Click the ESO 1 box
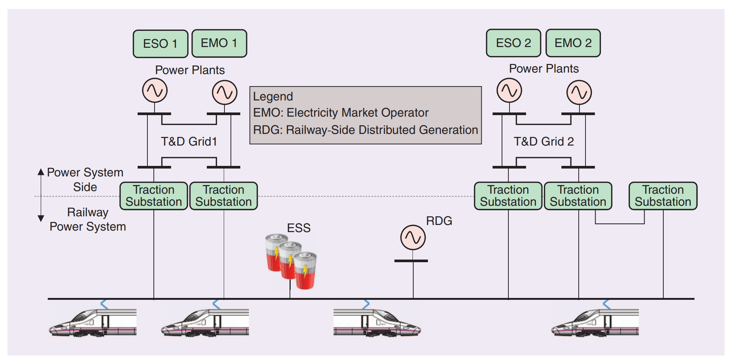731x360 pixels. pyautogui.click(x=160, y=44)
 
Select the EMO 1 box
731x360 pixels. pyautogui.click(x=219, y=43)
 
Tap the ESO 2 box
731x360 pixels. pyautogui.click(x=513, y=43)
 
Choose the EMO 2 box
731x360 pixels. pyautogui.click(x=573, y=43)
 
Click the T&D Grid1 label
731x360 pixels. pyautogui.click(x=189, y=141)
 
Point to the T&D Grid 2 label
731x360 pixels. pyautogui.click(x=544, y=141)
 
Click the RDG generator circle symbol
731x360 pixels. pyautogui.click(x=413, y=237)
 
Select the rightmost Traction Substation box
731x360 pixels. pyautogui.click(x=663, y=196)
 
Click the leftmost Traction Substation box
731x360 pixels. pyautogui.click(x=153, y=196)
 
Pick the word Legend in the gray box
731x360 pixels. pyautogui.click(x=273, y=96)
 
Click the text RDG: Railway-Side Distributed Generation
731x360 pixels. pyautogui.click(x=365, y=130)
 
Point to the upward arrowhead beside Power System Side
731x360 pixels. pyautogui.click(x=41, y=172)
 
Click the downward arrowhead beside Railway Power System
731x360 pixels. pyautogui.click(x=41, y=218)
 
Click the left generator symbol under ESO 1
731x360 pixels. pyautogui.click(x=155, y=91)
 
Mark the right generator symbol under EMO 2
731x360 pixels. pyautogui.click(x=579, y=92)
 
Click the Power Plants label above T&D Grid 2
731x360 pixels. pyautogui.click(x=544, y=68)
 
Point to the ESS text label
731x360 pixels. pyautogui.click(x=299, y=228)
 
